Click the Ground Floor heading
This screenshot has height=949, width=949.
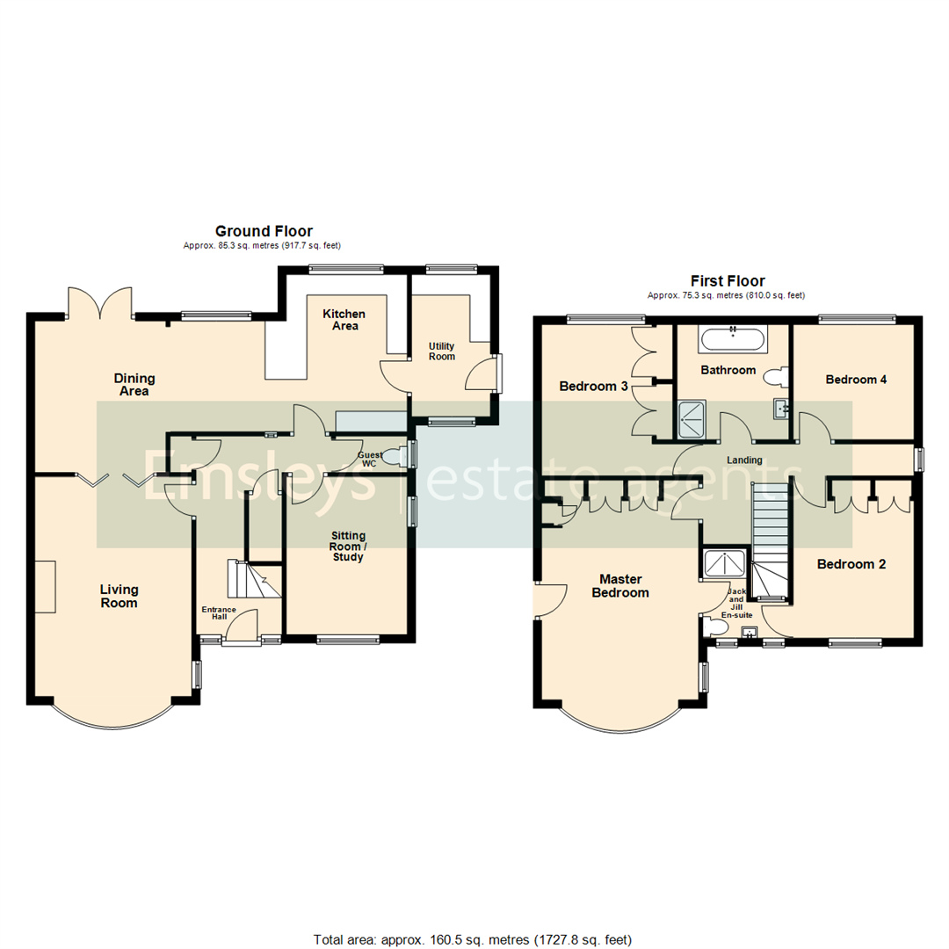(264, 231)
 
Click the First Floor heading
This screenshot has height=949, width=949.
(726, 281)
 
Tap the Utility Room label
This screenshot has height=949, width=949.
(442, 351)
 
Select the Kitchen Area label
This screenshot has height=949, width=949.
(344, 320)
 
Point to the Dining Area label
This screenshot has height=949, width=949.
(134, 385)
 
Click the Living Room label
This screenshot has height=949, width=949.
(119, 597)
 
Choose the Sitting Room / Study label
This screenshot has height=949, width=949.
(348, 546)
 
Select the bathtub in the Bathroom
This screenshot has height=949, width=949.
(732, 337)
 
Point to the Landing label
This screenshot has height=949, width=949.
(744, 460)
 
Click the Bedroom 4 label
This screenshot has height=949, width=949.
(856, 380)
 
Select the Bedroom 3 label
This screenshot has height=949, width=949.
(592, 387)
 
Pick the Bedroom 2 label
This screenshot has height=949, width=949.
(851, 564)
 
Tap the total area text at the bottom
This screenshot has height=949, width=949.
(473, 939)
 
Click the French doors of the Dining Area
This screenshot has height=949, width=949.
(101, 303)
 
